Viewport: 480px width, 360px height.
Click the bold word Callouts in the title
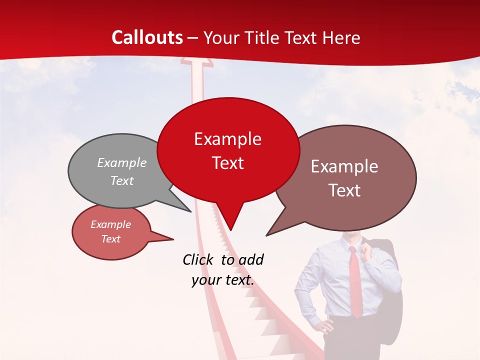(x=147, y=37)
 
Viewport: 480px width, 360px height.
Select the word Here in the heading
(x=341, y=37)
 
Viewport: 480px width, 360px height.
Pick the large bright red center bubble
(x=228, y=150)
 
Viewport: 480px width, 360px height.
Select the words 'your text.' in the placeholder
(x=223, y=280)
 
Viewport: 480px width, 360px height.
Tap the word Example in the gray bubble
(x=122, y=163)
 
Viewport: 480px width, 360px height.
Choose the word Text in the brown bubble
(x=345, y=190)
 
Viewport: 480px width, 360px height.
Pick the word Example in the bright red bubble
(x=227, y=139)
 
